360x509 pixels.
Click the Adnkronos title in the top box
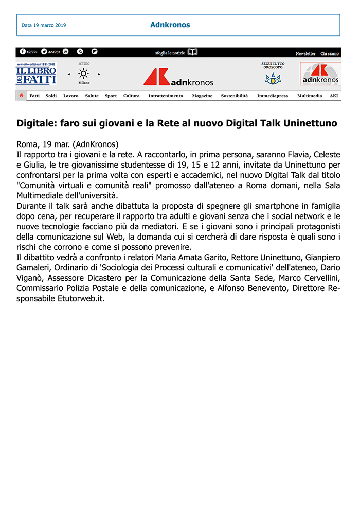pos(170,25)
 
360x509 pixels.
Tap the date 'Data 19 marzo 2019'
pos(44,25)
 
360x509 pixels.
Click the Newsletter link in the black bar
pos(305,53)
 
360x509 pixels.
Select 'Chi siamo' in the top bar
pos(330,53)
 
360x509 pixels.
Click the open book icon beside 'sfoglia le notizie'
pos(192,52)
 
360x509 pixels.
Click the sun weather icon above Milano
pos(83,74)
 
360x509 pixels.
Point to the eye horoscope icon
pos(273,79)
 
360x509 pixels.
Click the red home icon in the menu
pos(21,96)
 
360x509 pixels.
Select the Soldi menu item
pos(51,96)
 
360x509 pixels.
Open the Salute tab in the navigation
pos(92,96)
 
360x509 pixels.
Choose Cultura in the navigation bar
pos(132,96)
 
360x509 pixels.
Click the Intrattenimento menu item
pos(166,96)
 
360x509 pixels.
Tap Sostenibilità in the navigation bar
pos(235,96)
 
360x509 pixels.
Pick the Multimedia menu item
pos(310,96)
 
